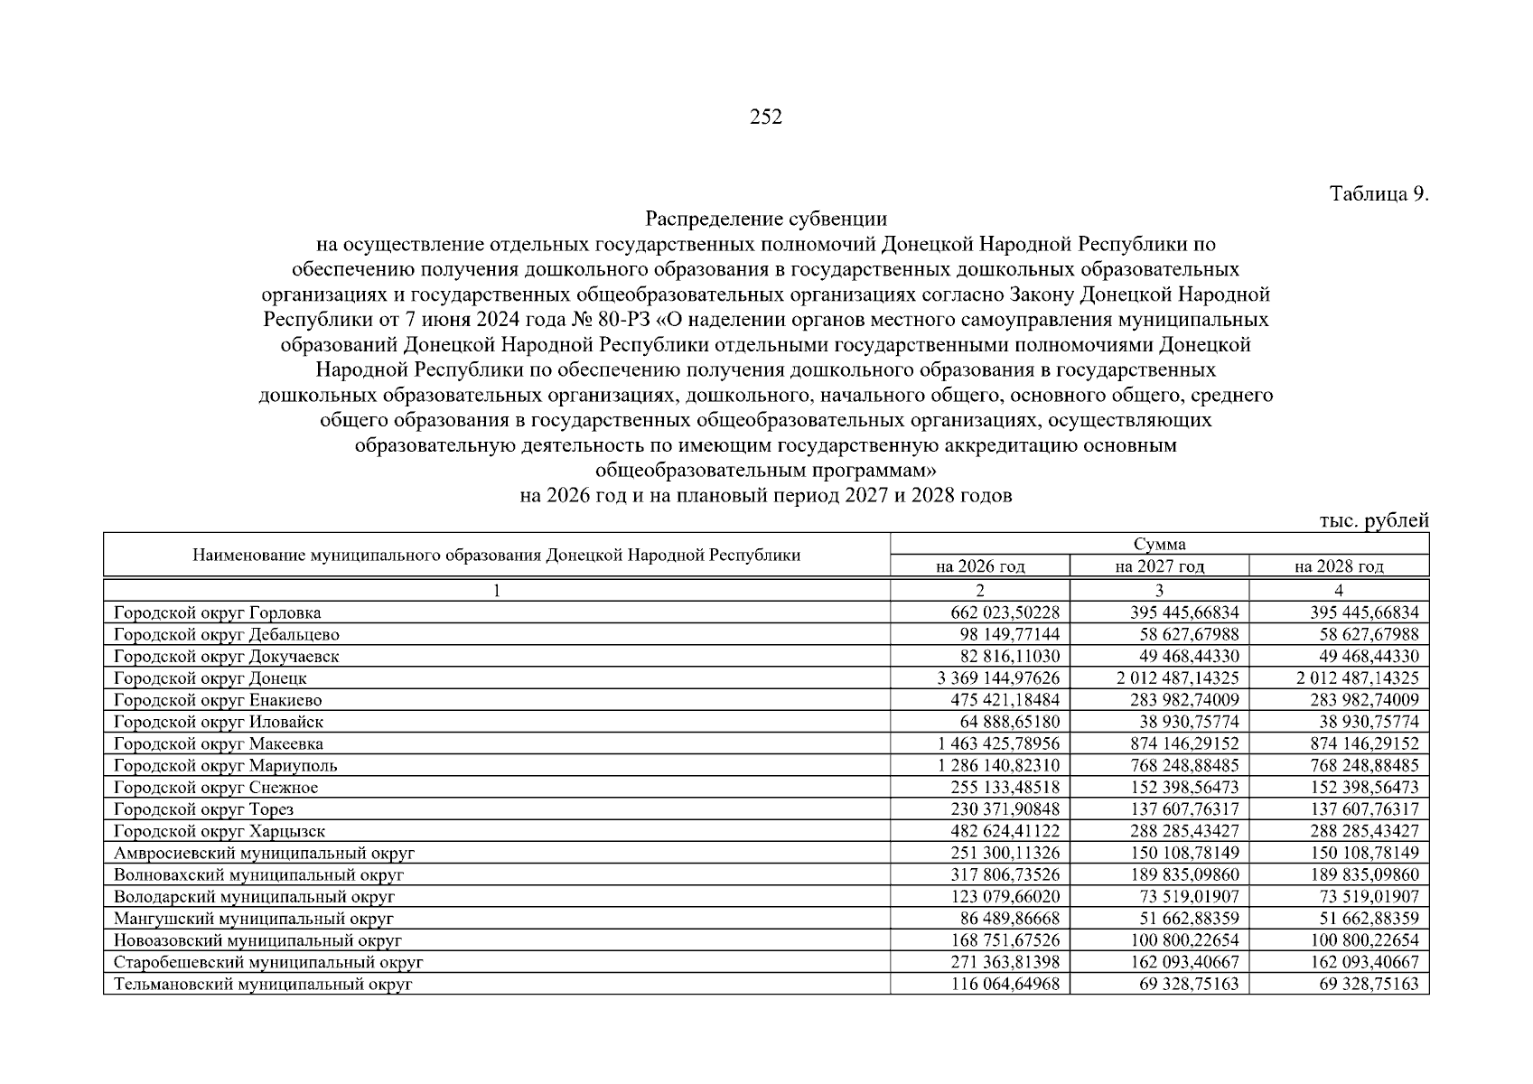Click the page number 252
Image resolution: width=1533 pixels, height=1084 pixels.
[766, 117]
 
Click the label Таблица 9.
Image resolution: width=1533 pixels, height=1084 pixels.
[1379, 194]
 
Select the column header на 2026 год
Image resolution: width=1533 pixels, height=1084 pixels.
[979, 566]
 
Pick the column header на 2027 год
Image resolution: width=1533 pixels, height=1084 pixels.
[1159, 566]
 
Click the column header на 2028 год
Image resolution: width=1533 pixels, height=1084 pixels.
[1339, 566]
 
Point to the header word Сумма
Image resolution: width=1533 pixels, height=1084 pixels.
[1159, 544]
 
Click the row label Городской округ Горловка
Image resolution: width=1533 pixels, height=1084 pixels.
[217, 613]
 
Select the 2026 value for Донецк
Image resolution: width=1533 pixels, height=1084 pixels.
[999, 678]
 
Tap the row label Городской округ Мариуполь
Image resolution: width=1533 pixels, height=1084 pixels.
[226, 766]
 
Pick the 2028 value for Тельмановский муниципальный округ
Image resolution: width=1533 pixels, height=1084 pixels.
[1369, 984]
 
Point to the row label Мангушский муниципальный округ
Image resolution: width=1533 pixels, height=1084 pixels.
[254, 919]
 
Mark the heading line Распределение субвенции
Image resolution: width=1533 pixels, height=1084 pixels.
[766, 220]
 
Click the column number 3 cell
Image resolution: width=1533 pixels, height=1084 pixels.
[1159, 591]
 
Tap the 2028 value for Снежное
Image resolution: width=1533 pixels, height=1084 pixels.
[1364, 788]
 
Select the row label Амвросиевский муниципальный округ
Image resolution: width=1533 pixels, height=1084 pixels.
[264, 853]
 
